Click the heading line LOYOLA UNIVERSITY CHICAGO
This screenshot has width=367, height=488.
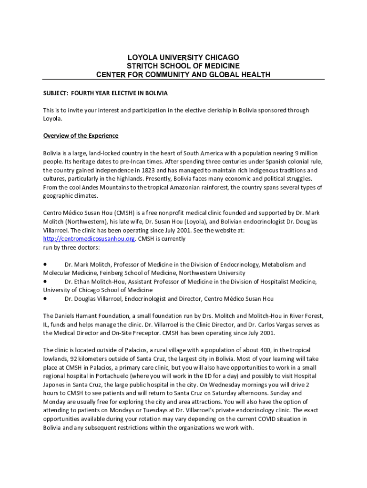click(183, 57)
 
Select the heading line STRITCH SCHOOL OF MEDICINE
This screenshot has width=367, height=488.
click(183, 66)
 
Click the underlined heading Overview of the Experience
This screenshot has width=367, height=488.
click(81, 136)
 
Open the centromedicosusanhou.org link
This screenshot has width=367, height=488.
click(89, 239)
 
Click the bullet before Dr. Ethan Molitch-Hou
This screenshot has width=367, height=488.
click(45, 281)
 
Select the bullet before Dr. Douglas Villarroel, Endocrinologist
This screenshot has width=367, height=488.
click(45, 298)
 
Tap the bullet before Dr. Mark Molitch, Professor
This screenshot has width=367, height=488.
click(45, 264)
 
